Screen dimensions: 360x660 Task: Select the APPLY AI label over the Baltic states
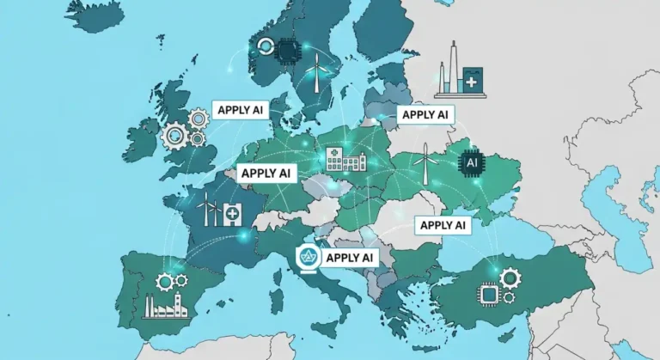425,114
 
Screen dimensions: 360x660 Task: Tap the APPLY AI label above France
266,173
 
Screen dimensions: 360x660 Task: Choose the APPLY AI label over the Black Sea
442,225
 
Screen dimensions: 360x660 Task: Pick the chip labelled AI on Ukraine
471,160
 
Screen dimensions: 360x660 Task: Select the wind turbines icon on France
207,209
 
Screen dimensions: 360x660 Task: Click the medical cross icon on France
231,212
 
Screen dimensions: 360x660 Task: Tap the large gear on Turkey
509,278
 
